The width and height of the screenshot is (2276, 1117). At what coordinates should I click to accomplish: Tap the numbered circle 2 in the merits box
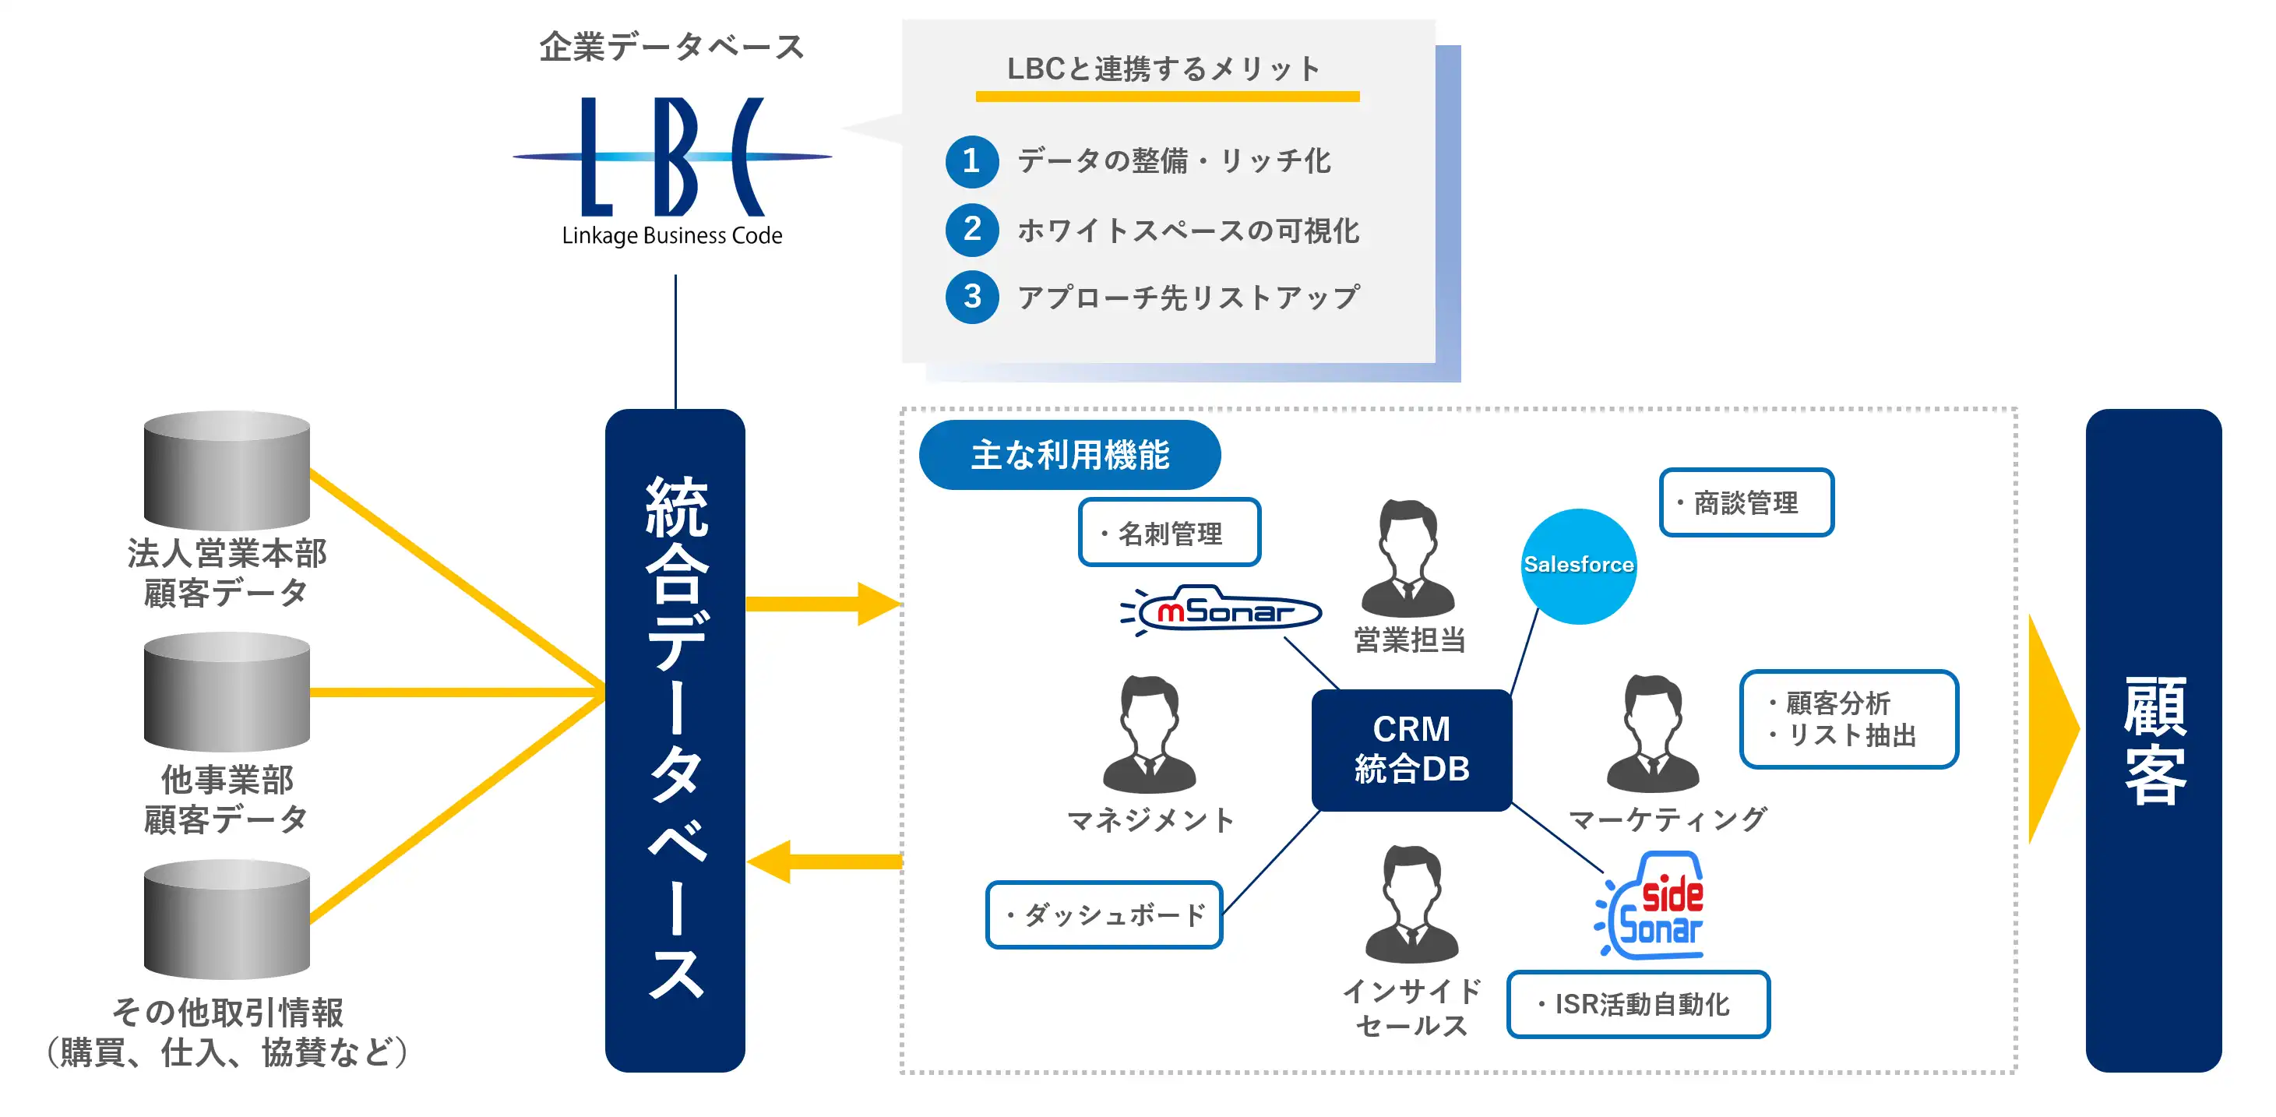[x=972, y=229]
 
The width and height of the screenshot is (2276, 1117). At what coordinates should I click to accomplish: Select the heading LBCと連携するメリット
[x=1164, y=69]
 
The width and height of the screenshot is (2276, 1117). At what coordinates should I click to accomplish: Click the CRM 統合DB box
[x=1411, y=749]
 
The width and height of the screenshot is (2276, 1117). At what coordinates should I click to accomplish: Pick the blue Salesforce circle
[x=1578, y=566]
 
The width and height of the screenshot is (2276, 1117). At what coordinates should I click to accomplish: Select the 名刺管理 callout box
[x=1169, y=533]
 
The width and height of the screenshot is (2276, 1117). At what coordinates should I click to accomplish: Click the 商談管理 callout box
[x=1746, y=503]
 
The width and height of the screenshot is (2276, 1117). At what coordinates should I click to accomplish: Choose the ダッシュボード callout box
[x=1104, y=914]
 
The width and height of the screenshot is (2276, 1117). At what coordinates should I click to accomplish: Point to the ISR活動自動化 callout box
[x=1638, y=1004]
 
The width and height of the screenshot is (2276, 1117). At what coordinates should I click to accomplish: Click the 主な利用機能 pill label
[x=1069, y=455]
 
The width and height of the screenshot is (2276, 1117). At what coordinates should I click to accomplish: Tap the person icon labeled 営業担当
[x=1408, y=558]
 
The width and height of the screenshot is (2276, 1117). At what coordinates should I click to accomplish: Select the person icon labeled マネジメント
[x=1149, y=735]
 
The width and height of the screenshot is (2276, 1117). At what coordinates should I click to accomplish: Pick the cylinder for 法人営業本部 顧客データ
[x=227, y=471]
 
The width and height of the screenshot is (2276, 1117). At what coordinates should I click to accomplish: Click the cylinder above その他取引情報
[x=227, y=920]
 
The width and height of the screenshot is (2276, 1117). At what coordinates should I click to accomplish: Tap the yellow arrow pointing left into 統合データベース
[x=822, y=862]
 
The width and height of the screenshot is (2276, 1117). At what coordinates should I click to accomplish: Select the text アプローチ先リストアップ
[x=1188, y=298]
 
